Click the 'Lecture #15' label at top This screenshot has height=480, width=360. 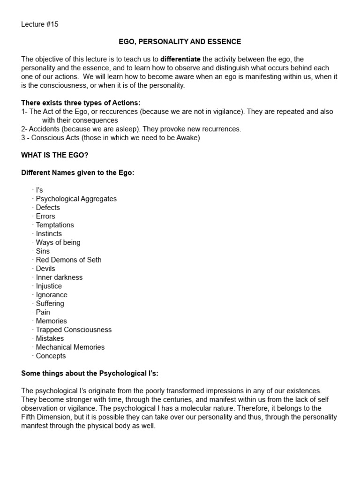[x=40, y=24]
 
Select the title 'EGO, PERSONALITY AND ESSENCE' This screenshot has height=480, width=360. [x=180, y=42]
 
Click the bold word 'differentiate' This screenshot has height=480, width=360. [x=180, y=59]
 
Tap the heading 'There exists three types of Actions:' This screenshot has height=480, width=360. [x=81, y=103]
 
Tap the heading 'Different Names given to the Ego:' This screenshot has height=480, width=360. [x=78, y=172]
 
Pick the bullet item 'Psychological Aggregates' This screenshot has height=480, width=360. [x=76, y=199]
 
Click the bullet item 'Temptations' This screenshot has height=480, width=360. [x=55, y=225]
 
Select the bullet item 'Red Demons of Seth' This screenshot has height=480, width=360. [x=68, y=260]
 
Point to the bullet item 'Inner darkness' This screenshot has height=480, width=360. [x=59, y=277]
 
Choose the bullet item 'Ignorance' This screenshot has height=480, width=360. [x=52, y=295]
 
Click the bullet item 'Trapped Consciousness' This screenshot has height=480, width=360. [x=74, y=330]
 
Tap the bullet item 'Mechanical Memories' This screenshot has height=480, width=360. [x=70, y=347]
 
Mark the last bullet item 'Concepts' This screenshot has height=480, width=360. [x=51, y=356]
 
